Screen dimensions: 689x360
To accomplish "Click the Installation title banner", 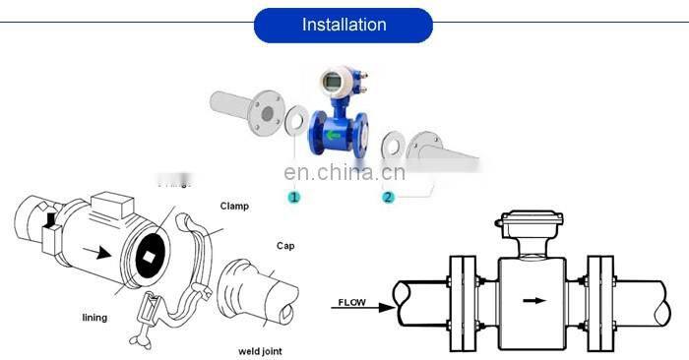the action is [x=344, y=25].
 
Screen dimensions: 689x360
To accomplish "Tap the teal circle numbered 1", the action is [x=292, y=197].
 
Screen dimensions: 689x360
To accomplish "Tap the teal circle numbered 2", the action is [x=388, y=197].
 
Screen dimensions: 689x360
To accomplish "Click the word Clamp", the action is [x=234, y=207].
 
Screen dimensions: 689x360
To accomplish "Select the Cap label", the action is [x=284, y=246].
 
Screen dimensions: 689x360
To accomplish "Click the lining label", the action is [x=94, y=318].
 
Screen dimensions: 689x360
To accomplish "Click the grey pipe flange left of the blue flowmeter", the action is [x=267, y=111].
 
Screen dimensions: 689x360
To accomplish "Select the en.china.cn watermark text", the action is [x=344, y=173].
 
